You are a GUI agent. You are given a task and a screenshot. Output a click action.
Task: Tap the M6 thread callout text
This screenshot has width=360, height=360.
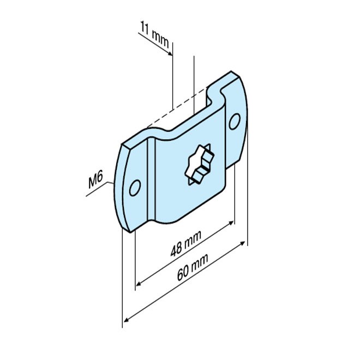pyautogui.click(x=97, y=182)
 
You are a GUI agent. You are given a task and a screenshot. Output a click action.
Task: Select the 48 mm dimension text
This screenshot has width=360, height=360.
pyautogui.click(x=185, y=245)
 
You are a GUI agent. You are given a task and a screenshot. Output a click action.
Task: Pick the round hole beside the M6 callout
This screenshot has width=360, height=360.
pyautogui.click(x=134, y=188)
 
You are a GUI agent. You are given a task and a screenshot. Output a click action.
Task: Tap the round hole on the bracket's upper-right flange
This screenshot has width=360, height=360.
pyautogui.click(x=235, y=121)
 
